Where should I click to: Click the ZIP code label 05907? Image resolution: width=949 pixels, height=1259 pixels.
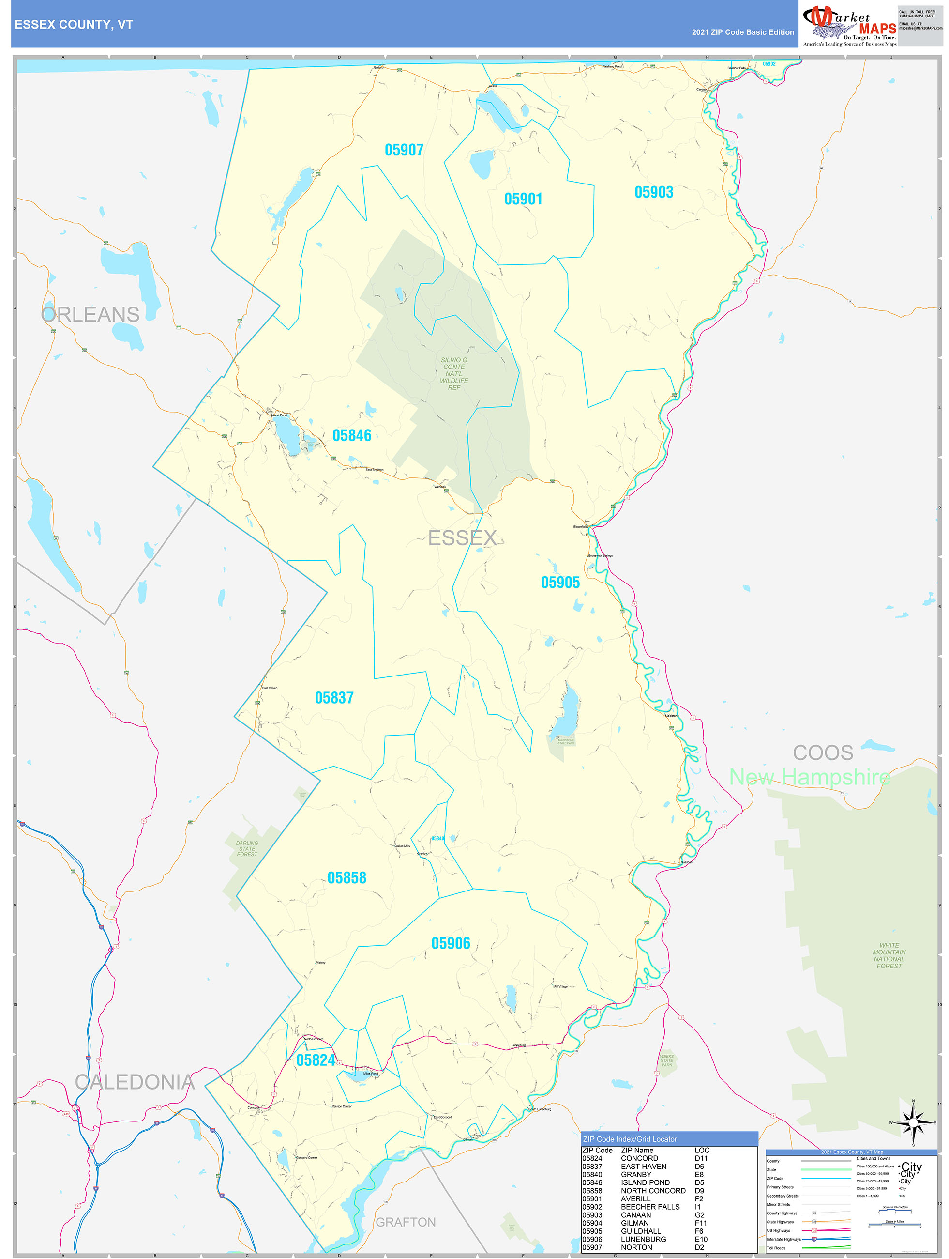404,150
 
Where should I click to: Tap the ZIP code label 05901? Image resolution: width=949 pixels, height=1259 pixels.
523,199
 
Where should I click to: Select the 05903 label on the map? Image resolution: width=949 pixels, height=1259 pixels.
654,192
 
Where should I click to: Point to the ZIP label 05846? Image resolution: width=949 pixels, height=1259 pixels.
352,436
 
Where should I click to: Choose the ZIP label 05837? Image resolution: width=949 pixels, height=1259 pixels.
334,698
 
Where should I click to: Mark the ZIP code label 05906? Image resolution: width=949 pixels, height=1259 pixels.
451,944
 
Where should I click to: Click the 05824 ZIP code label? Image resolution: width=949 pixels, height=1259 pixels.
316,1060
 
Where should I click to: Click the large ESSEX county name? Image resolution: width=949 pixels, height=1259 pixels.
462,538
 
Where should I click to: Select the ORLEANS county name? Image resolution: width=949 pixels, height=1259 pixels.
90,315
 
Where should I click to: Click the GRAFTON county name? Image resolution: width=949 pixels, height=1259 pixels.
406,1223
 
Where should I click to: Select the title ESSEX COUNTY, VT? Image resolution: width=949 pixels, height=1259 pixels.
74,25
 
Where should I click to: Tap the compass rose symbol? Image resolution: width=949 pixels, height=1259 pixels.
913,1123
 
